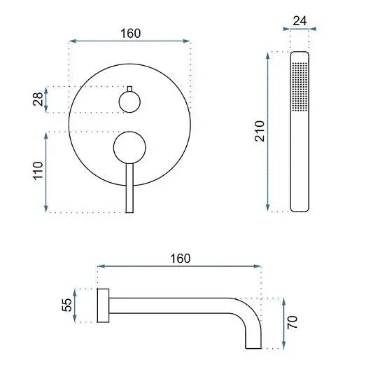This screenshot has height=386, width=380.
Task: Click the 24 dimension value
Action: coord(300,21)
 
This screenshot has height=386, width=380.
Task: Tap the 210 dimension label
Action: coord(260,131)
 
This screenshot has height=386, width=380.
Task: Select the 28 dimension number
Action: coord(38,99)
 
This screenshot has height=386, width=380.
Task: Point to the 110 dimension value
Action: coord(38,171)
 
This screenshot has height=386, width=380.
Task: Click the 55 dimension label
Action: coord(66,305)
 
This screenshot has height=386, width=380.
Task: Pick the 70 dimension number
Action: coord(293,322)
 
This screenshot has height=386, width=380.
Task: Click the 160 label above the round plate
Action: coord(131,34)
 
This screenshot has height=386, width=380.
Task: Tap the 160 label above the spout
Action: coord(181,259)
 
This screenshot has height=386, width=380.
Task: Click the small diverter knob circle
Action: coord(129,102)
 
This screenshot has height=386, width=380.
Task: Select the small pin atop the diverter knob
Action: coord(129,89)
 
